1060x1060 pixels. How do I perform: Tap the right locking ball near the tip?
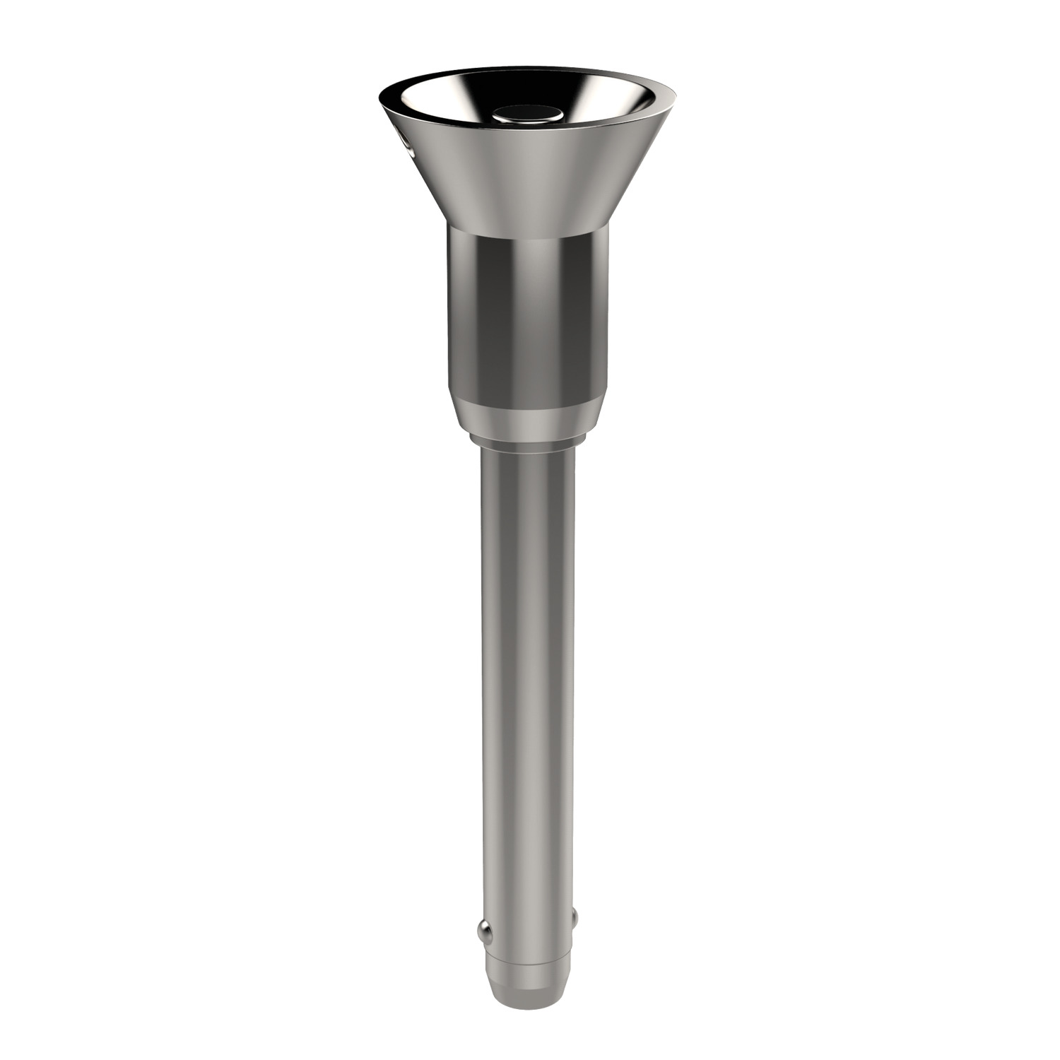click(x=574, y=918)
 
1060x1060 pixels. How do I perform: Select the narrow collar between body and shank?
click(x=528, y=439)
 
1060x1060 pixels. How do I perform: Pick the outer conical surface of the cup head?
click(x=526, y=177)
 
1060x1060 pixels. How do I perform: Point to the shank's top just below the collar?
click(x=528, y=459)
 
